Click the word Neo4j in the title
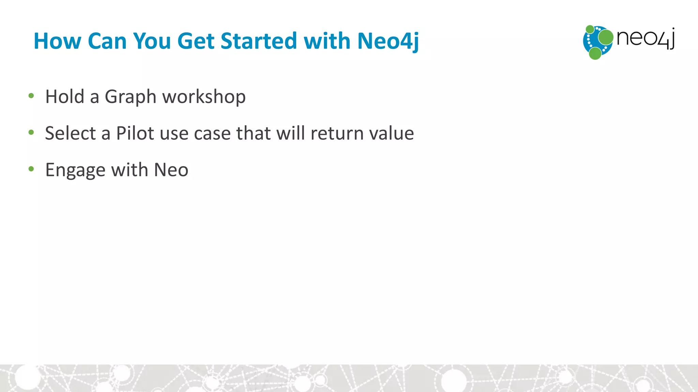coord(388,41)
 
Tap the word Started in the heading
coord(259,41)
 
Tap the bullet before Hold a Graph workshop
coord(31,96)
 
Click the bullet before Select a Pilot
coord(31,132)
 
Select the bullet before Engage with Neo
coord(31,169)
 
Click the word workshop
coord(204,97)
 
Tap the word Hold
coord(65,97)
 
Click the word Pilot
coord(135,133)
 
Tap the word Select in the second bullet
coord(70,133)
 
